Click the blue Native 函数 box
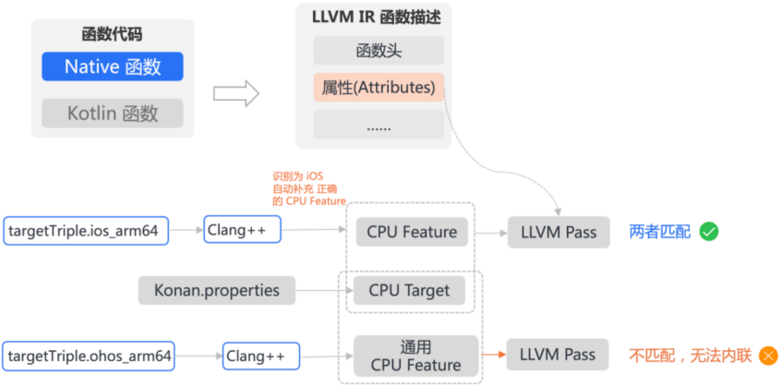[x=113, y=67]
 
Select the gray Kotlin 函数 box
[x=113, y=114]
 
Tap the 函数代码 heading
[x=112, y=36]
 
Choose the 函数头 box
[x=378, y=51]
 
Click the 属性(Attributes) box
[x=378, y=88]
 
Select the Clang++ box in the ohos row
[x=261, y=355]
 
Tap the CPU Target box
[x=409, y=290]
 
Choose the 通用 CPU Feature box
[x=415, y=355]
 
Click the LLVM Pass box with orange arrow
[x=557, y=355]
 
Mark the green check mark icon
[x=708, y=232]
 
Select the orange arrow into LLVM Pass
[x=493, y=355]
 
